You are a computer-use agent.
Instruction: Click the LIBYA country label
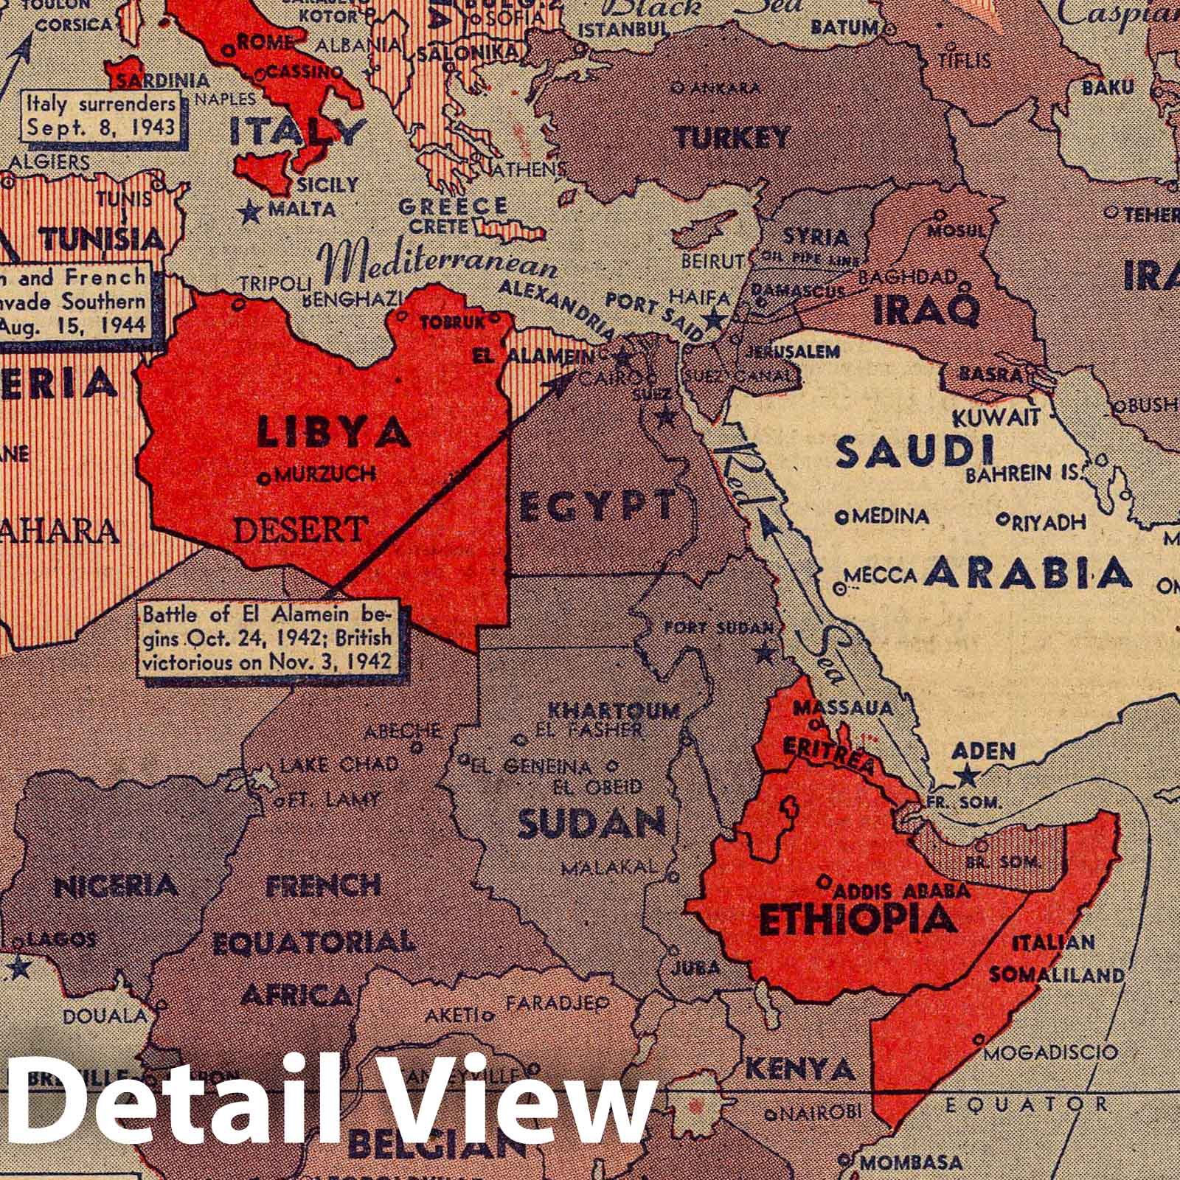(x=333, y=432)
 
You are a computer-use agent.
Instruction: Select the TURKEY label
(x=732, y=138)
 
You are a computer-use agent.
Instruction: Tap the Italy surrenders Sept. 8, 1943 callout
(x=101, y=115)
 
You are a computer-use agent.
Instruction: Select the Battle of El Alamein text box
(x=266, y=637)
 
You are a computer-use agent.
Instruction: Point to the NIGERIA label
(x=116, y=885)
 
